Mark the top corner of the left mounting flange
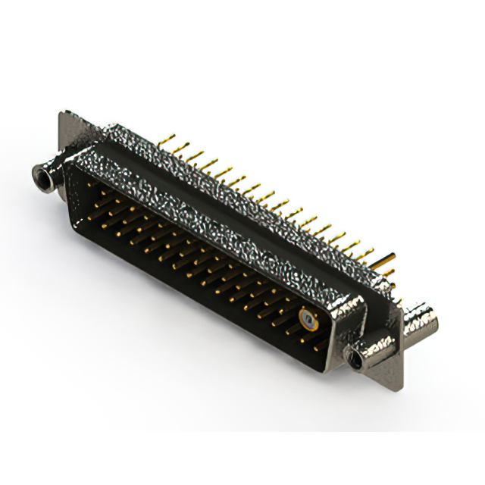tap(62, 114)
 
